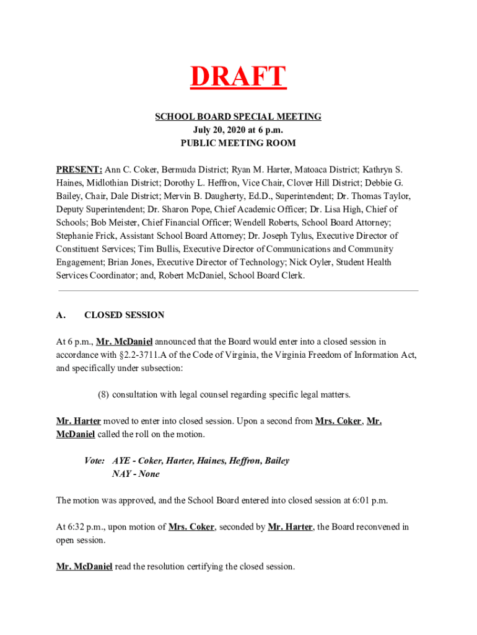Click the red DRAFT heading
point(238,78)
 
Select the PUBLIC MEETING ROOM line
point(238,143)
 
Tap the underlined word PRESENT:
point(79,169)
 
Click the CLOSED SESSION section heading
point(124,315)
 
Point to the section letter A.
point(61,315)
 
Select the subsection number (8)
point(104,394)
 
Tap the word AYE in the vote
point(121,461)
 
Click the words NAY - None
point(136,474)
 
